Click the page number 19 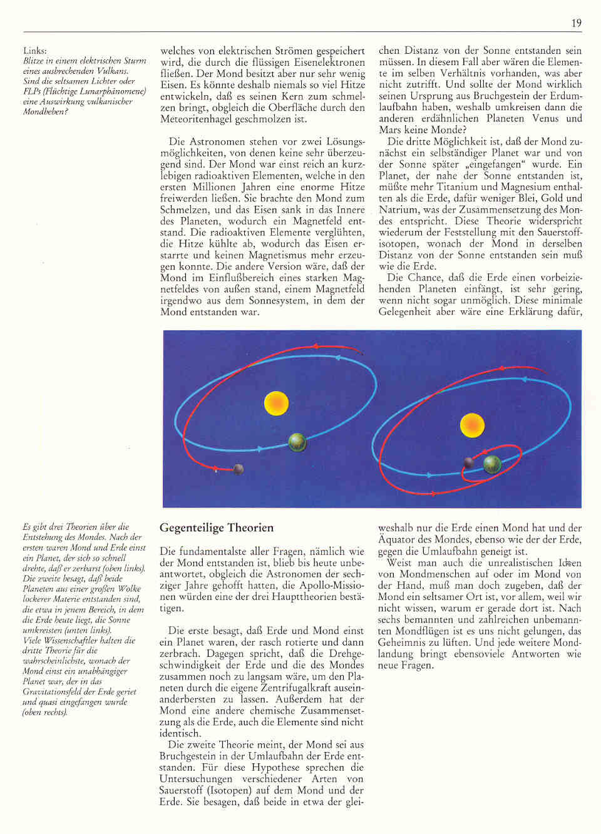[x=576, y=23]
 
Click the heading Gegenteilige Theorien [x=217, y=527]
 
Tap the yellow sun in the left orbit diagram [x=276, y=403]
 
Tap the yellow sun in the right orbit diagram [x=472, y=425]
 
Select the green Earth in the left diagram [x=297, y=442]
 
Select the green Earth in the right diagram [x=492, y=464]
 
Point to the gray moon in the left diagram [x=238, y=469]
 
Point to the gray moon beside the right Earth [x=468, y=462]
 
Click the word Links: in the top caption [x=35, y=51]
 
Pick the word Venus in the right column [x=545, y=118]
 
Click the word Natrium [x=398, y=210]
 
